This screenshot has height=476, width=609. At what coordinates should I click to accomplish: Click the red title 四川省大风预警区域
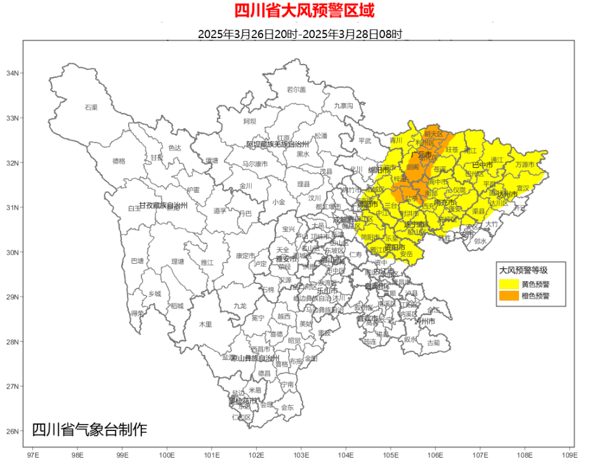(x=304, y=11)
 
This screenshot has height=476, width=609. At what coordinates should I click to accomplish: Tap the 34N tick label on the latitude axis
(x=11, y=74)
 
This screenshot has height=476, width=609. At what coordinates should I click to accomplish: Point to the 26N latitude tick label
(x=11, y=432)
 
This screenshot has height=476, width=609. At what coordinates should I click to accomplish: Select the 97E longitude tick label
(x=33, y=455)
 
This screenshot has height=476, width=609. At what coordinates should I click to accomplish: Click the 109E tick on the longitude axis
(x=569, y=455)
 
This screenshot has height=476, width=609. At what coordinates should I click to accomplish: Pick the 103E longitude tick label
(x=301, y=455)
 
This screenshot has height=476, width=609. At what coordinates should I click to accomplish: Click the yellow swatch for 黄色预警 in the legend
(x=509, y=284)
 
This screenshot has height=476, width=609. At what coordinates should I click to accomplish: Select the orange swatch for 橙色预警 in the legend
(x=509, y=295)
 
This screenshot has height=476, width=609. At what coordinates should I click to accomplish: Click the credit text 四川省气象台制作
(x=89, y=430)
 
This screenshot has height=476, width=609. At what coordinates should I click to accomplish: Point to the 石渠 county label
(x=91, y=108)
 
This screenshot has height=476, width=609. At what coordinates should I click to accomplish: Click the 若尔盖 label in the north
(x=296, y=89)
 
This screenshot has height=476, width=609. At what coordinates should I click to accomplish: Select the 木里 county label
(x=206, y=324)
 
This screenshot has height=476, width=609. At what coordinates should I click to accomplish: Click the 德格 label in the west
(x=119, y=162)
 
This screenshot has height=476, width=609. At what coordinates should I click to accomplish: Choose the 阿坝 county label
(x=250, y=121)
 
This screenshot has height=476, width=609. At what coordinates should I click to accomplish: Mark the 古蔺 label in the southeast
(x=433, y=343)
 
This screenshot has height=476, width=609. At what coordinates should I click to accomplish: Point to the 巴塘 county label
(x=137, y=261)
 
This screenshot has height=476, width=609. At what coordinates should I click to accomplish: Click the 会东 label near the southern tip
(x=287, y=408)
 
